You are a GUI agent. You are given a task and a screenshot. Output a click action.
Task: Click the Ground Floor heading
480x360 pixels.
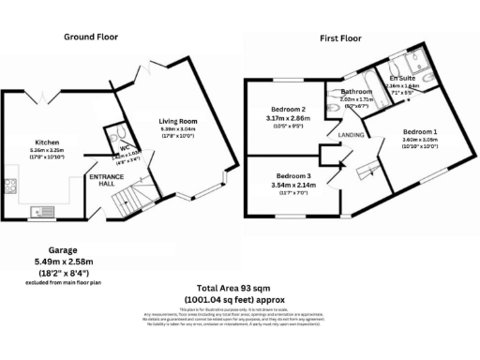[x=90, y=37]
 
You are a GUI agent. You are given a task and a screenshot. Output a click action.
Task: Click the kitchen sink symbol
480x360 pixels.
[x=43, y=208]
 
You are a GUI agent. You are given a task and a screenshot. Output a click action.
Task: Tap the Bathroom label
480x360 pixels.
[x=355, y=91]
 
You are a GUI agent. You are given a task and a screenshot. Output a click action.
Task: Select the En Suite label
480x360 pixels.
[x=402, y=78]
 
